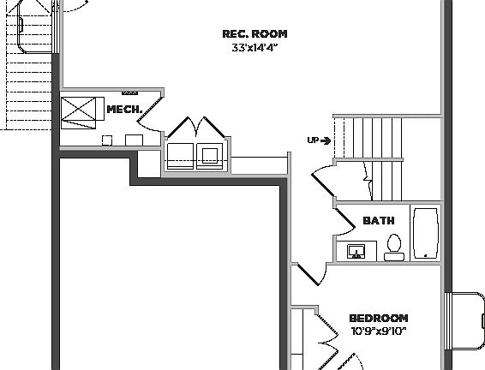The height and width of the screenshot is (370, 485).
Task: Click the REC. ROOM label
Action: (254, 34)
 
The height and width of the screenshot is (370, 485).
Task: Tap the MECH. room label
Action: (122, 110)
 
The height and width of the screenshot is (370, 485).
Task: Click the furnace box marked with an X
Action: (79, 110)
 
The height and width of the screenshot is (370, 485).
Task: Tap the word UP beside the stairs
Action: (313, 140)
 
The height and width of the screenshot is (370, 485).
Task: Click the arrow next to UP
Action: (326, 140)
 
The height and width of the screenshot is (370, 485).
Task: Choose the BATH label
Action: (379, 221)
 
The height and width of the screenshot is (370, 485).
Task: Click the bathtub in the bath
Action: (425, 232)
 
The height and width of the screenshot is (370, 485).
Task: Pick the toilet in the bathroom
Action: (394, 247)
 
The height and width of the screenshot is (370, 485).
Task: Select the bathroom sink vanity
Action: (356, 252)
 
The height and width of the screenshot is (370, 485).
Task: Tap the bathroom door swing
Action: (346, 221)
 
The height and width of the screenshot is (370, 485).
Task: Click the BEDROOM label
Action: (378, 318)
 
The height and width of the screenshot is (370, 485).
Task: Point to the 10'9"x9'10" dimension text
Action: (378, 331)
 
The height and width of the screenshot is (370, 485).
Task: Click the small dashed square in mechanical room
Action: (107, 139)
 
